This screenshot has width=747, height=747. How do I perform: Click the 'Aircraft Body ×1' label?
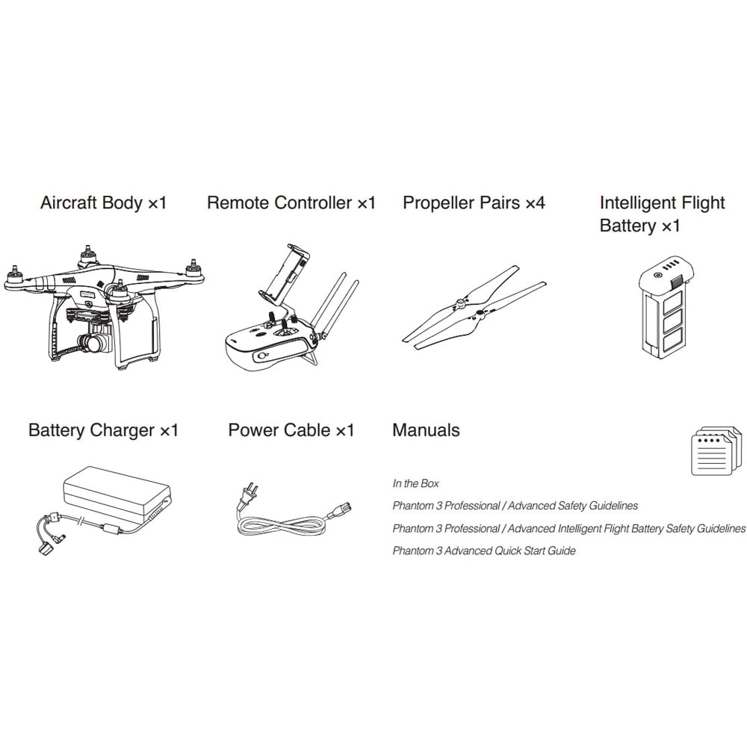(x=103, y=203)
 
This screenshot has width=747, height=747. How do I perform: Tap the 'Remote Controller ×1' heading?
(x=291, y=203)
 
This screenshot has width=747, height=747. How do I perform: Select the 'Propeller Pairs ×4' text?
(x=474, y=203)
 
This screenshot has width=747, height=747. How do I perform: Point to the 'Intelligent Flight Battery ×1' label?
(x=662, y=214)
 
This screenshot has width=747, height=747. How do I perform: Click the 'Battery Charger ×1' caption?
(x=103, y=430)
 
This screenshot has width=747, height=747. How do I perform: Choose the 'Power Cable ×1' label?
(x=291, y=430)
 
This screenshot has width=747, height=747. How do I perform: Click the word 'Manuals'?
(x=426, y=430)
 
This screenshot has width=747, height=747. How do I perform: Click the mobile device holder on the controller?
(x=288, y=273)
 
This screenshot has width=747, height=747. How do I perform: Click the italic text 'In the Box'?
(x=415, y=483)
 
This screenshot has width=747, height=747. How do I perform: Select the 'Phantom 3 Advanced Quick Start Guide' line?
(x=484, y=551)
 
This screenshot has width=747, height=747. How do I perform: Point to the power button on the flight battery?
(x=657, y=276)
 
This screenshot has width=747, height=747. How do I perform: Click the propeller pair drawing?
(x=474, y=308)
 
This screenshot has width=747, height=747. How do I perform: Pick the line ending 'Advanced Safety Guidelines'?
(x=515, y=506)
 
